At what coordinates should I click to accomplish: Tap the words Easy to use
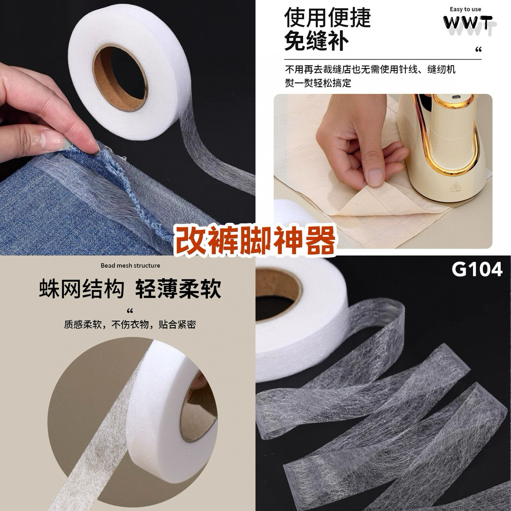point(465,9)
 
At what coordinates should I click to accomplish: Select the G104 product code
point(477,269)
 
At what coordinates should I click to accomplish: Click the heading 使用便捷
point(327,17)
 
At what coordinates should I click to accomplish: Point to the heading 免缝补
point(316,40)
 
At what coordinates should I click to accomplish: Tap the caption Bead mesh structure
point(130,265)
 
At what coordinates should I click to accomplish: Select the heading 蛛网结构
point(82,289)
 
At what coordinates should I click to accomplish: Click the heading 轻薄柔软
point(178,289)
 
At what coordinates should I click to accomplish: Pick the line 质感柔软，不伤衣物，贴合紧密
point(130,324)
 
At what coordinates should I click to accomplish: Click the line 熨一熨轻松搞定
point(318,83)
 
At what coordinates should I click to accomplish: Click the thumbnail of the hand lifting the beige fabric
point(383,171)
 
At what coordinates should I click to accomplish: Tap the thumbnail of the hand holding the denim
point(127,127)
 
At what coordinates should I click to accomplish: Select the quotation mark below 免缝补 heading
point(478,50)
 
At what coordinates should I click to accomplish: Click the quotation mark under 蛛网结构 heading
point(130,310)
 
